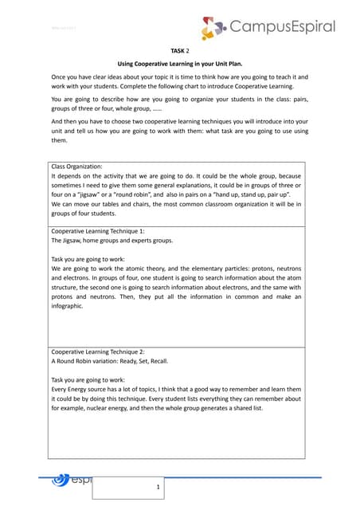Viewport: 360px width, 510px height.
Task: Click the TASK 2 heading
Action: [179, 49]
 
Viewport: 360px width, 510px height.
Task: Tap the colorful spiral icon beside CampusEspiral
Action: [213, 29]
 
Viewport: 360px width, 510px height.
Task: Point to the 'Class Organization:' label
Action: [77, 166]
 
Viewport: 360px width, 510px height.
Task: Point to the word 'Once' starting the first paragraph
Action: [58, 77]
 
